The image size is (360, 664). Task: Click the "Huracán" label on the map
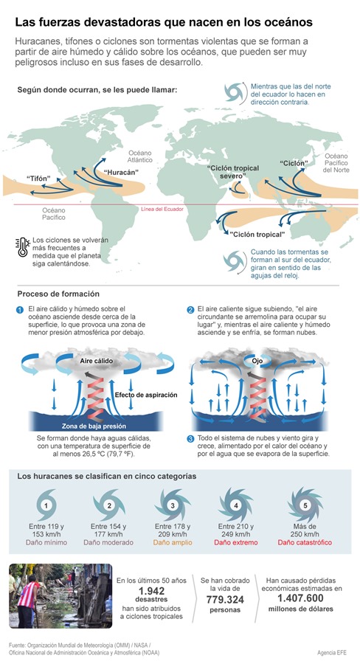(121, 173)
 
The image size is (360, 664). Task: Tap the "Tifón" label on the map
(38, 179)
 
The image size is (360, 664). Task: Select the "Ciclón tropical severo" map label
(232, 171)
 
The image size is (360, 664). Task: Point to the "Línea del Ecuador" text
(162, 210)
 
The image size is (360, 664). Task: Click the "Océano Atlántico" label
(140, 156)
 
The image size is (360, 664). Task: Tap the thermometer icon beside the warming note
(22, 247)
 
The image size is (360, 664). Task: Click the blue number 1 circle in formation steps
(19, 310)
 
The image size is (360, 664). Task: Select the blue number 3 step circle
(190, 439)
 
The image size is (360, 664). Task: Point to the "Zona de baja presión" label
(94, 426)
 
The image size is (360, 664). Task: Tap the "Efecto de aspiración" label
(146, 395)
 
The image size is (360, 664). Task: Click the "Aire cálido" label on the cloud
(97, 361)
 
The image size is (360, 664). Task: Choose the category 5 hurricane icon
(305, 505)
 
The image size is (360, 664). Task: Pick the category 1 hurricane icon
(46, 505)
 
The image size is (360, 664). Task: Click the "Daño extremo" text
(236, 542)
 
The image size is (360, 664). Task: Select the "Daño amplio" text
(173, 542)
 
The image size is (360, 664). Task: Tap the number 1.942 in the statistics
(151, 591)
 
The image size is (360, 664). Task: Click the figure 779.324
(225, 600)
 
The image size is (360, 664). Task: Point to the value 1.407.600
(301, 598)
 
